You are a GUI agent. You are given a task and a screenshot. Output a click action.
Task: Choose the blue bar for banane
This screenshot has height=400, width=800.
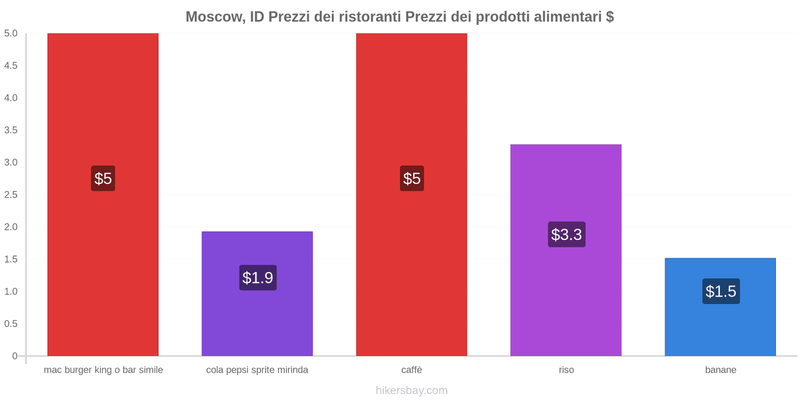coord(720,325)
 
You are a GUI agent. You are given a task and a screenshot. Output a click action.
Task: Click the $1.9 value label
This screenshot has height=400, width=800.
coord(257,277)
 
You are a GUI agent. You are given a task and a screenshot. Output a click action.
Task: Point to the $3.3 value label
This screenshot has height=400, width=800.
coord(566,234)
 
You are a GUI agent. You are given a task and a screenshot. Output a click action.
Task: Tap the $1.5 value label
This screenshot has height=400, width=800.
coord(720,291)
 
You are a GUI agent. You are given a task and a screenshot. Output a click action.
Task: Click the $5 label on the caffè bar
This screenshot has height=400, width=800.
coord(411,178)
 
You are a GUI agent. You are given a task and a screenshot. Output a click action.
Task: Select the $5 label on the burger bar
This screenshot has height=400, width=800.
coord(103,178)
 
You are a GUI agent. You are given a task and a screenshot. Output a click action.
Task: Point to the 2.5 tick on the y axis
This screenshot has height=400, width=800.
coord(11,194)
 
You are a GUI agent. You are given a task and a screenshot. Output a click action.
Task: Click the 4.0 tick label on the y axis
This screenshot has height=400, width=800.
coord(11,98)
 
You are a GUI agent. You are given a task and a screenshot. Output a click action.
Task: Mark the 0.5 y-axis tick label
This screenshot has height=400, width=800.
coord(11,323)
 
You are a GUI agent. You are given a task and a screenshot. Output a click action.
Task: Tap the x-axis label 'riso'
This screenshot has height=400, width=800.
coord(566,370)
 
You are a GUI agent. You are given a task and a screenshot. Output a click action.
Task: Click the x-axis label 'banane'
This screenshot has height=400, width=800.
coord(720,370)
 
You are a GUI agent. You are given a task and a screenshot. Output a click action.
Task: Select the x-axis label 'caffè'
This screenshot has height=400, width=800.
coord(411,370)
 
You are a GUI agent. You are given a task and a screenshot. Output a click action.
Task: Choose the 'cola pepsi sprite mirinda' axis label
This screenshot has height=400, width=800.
coord(257,370)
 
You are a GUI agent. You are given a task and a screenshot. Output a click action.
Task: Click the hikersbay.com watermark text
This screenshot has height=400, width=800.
coord(411,390)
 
